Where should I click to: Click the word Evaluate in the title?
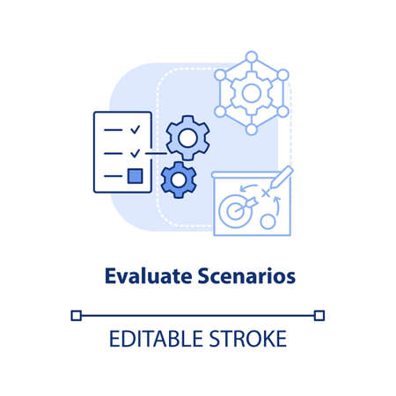tap(140, 275)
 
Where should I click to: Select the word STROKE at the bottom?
tap(249, 338)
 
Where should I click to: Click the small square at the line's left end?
tap(76, 314)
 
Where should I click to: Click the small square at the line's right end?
tap(319, 314)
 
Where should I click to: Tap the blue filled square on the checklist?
tap(135, 176)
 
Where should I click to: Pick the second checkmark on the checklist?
tap(135, 152)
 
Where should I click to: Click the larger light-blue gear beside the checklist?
tap(186, 136)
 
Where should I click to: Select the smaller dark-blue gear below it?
tap(179, 179)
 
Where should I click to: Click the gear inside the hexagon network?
tap(252, 92)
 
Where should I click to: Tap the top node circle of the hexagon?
tap(252, 57)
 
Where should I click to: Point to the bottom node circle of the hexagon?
tap(252, 129)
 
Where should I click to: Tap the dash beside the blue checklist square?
tap(113, 176)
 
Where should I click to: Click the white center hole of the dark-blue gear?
tap(179, 180)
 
